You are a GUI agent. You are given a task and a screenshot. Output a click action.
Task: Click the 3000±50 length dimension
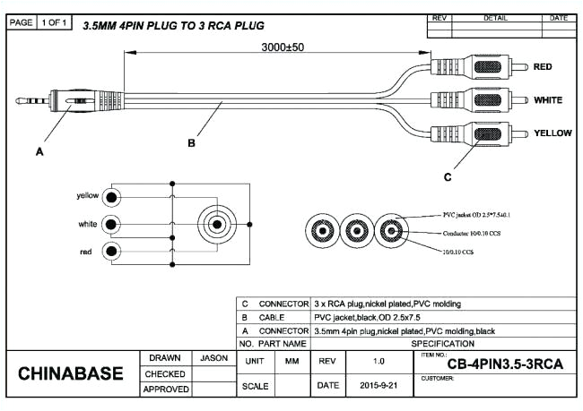[x=281, y=47]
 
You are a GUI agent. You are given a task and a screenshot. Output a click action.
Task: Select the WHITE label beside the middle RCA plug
[x=548, y=100]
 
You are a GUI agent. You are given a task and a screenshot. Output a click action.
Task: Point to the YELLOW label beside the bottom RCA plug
[x=553, y=133]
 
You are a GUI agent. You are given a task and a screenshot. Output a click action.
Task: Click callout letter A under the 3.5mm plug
[x=39, y=152]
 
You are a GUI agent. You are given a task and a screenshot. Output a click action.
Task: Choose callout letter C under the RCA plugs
[x=448, y=176]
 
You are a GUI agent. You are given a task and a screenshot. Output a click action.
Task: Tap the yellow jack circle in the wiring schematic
[x=111, y=196]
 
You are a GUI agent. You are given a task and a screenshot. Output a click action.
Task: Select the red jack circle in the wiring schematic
[x=111, y=252]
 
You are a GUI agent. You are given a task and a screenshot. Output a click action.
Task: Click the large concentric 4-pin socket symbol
[x=216, y=224]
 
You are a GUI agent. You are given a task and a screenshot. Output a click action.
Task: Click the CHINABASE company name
[x=71, y=372]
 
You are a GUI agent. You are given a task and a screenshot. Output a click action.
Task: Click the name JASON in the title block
[x=213, y=357]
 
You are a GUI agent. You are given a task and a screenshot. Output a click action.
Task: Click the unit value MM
[x=291, y=361]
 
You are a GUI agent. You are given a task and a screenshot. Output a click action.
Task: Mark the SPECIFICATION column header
[x=443, y=344]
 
